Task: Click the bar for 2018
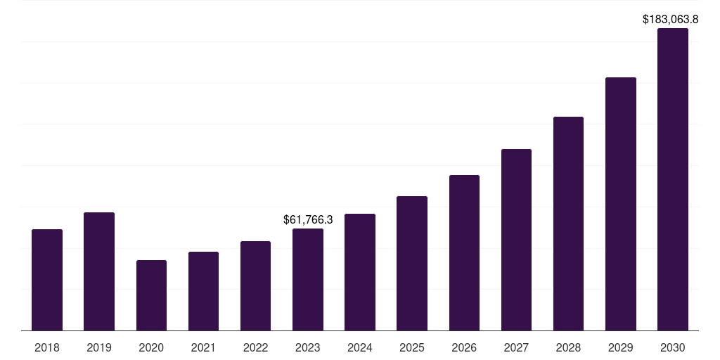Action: (x=47, y=280)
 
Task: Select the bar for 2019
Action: (x=99, y=271)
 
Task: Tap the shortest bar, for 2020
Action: (x=151, y=295)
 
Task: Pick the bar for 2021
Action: (x=203, y=291)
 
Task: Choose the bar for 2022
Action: (x=255, y=285)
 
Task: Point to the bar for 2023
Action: (x=308, y=279)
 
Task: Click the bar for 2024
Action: (x=360, y=272)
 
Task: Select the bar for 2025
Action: (x=412, y=263)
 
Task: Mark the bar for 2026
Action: (x=464, y=252)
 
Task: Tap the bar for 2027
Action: (x=516, y=240)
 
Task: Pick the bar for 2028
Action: (x=568, y=224)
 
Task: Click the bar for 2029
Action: (x=621, y=204)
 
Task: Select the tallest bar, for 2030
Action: (x=673, y=179)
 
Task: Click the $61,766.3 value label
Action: (x=308, y=220)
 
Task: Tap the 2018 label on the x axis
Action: (x=47, y=347)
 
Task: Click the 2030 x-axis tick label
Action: (x=673, y=347)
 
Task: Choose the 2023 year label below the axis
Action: (x=308, y=347)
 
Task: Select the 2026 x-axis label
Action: (x=464, y=347)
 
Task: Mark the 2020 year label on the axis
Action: (x=151, y=347)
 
